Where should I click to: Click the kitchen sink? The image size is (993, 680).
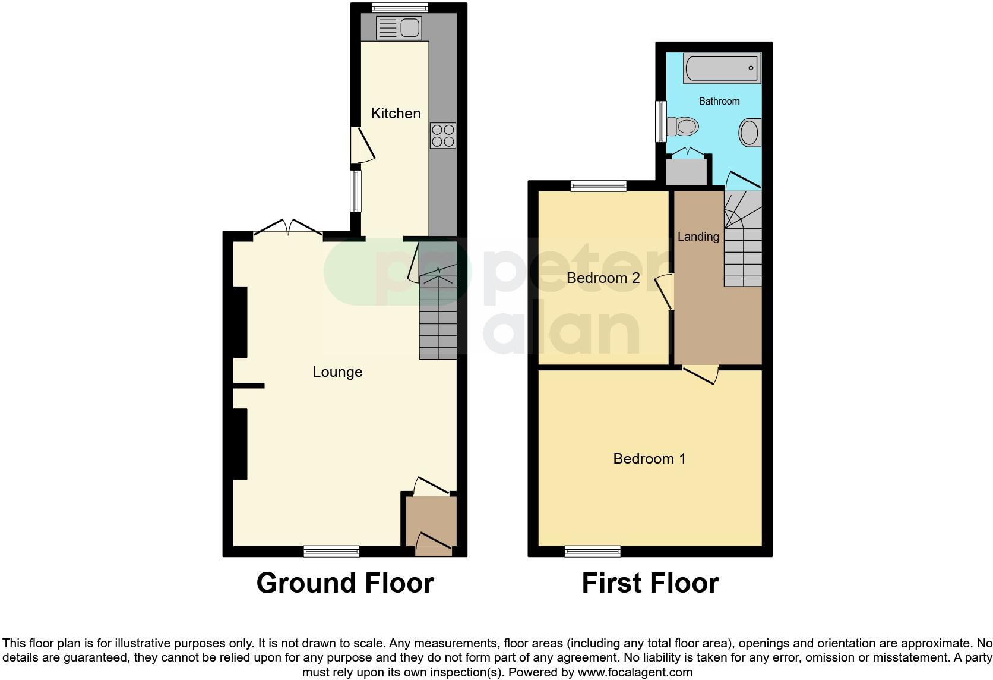(x=399, y=27)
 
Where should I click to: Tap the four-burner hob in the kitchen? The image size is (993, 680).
(x=443, y=135)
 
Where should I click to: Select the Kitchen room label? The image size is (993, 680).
(x=396, y=113)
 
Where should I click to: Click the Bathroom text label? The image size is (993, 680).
(x=719, y=101)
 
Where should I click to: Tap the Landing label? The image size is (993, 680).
(x=698, y=236)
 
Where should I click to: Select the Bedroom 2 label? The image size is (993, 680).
(x=603, y=278)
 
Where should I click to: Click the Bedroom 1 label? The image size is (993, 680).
(x=649, y=458)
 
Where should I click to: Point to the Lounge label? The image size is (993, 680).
(x=337, y=372)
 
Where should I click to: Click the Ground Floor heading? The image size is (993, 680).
(x=344, y=583)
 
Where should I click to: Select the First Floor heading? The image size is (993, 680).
(x=650, y=583)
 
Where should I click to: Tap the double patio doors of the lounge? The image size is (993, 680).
(x=288, y=229)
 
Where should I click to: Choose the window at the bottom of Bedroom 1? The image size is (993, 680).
(x=592, y=552)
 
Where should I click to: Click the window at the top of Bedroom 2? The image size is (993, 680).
(x=598, y=186)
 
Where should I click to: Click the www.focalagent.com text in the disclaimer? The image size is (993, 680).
(x=635, y=673)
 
